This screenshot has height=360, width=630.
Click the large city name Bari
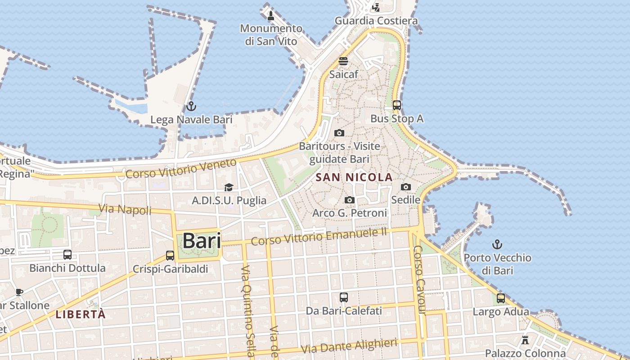point(202,241)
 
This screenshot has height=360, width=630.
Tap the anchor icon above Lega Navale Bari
point(191,107)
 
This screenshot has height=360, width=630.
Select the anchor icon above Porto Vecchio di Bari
point(497,245)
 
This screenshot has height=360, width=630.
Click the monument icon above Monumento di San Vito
point(270,16)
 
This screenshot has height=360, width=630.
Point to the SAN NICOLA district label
point(354,177)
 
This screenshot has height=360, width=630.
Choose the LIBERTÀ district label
point(81,314)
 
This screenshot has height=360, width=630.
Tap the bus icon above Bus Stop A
point(396,105)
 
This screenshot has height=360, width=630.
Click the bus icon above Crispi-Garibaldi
point(170,256)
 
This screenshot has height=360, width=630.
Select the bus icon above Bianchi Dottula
point(67,255)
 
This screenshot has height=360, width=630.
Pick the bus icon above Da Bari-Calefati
point(344,297)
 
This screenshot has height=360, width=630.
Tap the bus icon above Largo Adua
point(501,298)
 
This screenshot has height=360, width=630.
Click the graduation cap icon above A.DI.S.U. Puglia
point(229,187)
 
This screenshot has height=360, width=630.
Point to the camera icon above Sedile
point(406,187)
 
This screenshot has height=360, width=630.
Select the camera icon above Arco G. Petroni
point(350,200)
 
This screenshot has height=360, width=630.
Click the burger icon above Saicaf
point(343,61)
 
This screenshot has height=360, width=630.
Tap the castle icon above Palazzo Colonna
point(525,340)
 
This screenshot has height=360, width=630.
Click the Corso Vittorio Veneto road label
point(181,168)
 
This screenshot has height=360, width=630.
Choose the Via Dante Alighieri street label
point(349,346)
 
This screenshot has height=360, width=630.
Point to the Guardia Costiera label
point(376,21)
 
